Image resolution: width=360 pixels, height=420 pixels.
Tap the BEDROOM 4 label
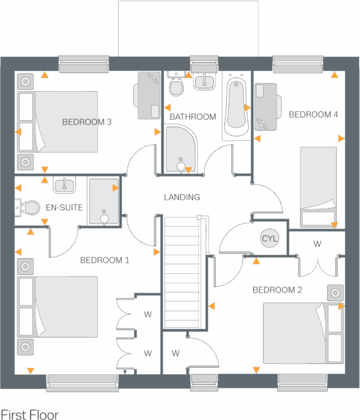[x=313, y=114]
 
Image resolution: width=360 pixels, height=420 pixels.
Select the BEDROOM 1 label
[x=105, y=260]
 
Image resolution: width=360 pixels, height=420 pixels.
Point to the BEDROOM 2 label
[x=277, y=290]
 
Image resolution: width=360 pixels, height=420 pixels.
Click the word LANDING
[x=182, y=197]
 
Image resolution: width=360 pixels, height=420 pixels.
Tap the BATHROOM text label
[x=193, y=117]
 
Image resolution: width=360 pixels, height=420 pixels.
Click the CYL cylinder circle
[x=270, y=238]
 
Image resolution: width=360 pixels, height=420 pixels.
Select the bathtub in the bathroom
[x=236, y=107]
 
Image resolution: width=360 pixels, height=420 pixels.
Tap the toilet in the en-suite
[x=30, y=208]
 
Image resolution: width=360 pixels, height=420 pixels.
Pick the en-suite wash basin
[x=64, y=185]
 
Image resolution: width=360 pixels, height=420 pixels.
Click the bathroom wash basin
[x=204, y=82]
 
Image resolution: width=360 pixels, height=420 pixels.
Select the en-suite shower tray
[x=103, y=202]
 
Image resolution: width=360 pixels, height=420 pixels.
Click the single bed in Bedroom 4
[x=318, y=186]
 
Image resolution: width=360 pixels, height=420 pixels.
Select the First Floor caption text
[x=30, y=414]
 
